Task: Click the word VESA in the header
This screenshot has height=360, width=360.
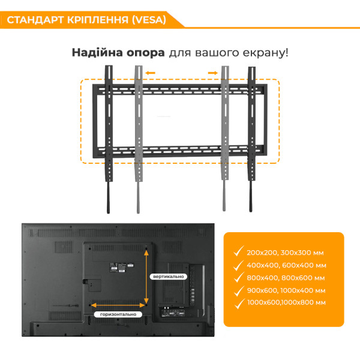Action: click(150, 19)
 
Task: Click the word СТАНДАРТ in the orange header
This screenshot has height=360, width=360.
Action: click(36, 19)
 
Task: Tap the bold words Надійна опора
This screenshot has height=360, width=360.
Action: click(118, 52)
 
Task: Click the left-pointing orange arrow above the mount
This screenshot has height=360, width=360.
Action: click(150, 74)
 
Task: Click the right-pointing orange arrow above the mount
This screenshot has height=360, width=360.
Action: click(213, 74)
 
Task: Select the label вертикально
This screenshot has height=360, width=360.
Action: click(169, 276)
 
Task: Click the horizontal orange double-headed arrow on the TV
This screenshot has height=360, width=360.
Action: click(119, 305)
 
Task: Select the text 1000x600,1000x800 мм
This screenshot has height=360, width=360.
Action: click(286, 302)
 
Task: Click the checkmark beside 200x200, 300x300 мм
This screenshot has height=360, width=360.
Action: click(239, 251)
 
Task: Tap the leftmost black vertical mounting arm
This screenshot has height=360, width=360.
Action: click(109, 138)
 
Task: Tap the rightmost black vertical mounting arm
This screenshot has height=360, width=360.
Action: click(251, 138)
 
